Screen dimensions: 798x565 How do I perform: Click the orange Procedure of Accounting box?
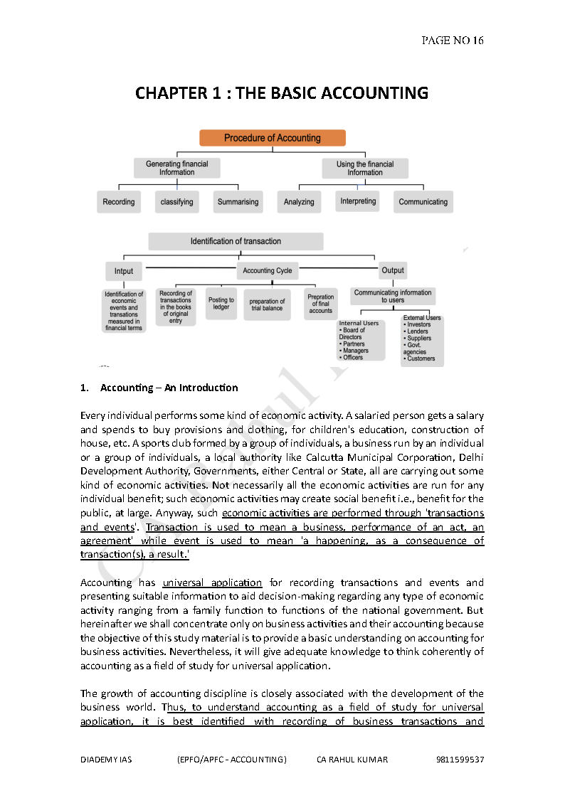click(x=273, y=138)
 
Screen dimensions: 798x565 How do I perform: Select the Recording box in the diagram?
click(x=119, y=202)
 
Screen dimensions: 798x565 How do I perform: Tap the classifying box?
click(x=177, y=202)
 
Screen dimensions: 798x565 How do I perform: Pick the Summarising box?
click(x=238, y=202)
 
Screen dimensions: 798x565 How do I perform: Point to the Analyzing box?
click(x=299, y=202)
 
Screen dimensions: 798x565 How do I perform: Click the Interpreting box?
click(x=358, y=201)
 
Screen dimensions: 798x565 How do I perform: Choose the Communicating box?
click(x=423, y=202)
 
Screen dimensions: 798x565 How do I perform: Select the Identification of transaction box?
click(x=236, y=241)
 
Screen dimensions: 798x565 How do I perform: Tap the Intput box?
click(x=124, y=271)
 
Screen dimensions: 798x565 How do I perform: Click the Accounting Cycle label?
click(x=267, y=271)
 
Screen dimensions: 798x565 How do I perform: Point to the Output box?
click(x=393, y=270)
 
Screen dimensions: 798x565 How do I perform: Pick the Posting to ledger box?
click(x=221, y=304)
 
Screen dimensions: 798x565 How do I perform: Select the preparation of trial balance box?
click(x=267, y=305)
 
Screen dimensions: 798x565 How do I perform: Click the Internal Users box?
click(x=361, y=340)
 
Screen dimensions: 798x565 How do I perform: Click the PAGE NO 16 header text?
click(x=453, y=41)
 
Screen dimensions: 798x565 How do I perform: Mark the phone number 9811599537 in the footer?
click(x=460, y=760)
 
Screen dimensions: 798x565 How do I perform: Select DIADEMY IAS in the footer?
click(x=106, y=760)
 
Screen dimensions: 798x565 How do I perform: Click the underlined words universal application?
click(x=212, y=582)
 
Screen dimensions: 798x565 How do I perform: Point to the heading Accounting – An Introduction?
click(x=169, y=388)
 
